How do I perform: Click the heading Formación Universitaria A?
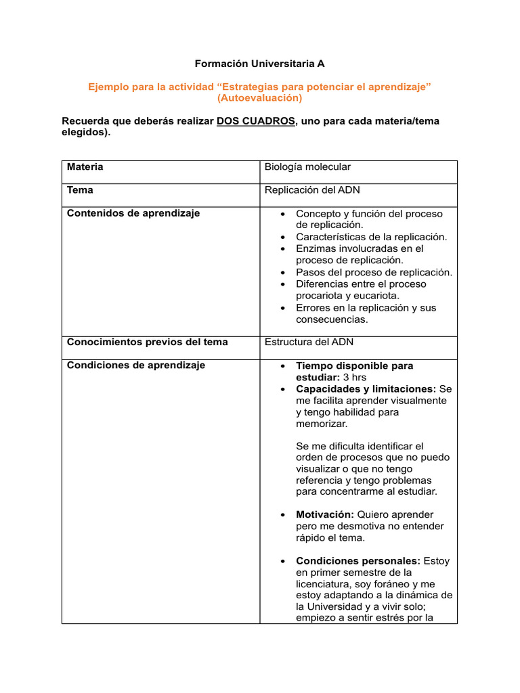click(x=260, y=64)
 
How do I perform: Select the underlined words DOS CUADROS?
click(x=256, y=121)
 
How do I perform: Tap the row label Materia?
click(x=85, y=166)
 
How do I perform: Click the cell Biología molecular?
click(x=307, y=166)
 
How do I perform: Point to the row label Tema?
click(x=80, y=190)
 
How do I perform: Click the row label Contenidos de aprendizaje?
click(x=133, y=213)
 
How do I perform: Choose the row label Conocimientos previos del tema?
click(x=147, y=342)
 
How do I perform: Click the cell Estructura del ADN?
click(x=309, y=342)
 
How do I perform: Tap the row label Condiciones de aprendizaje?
click(x=135, y=365)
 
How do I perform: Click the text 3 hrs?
click(x=357, y=377)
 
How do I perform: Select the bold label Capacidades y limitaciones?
click(x=366, y=389)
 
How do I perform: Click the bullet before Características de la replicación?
click(x=283, y=238)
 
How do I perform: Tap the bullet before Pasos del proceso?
click(x=283, y=273)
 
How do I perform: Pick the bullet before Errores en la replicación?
click(x=283, y=308)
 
